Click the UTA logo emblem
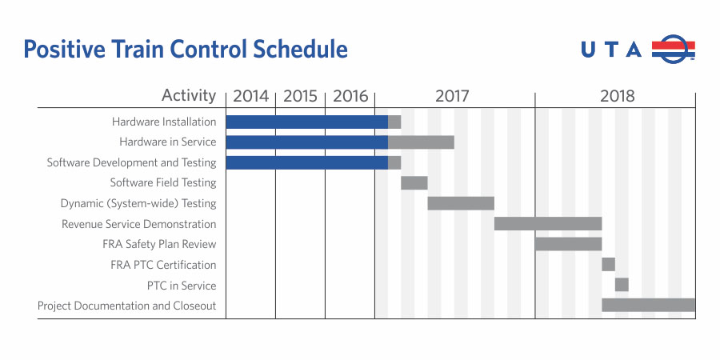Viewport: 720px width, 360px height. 673,49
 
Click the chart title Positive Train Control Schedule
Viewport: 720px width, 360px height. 186,50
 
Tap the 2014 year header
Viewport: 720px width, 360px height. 251,96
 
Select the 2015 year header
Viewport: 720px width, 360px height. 300,96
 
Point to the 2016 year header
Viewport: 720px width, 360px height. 350,96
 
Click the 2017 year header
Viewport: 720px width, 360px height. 452,96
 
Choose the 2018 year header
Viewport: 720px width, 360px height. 617,96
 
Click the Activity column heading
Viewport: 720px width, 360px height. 189,96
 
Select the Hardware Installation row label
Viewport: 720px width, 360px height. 164,122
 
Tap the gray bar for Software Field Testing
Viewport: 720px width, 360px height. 414,183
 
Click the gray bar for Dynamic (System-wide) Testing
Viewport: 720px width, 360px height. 460,203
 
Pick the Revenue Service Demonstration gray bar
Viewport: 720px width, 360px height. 547,224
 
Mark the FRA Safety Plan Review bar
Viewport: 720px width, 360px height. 568,244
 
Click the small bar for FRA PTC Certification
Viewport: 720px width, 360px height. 608,265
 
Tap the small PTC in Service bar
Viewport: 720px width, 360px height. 622,285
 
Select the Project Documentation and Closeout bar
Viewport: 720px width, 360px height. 648,305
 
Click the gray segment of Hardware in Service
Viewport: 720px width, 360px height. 421,142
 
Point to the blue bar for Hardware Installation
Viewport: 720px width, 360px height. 306,122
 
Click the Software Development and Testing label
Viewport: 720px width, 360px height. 131,162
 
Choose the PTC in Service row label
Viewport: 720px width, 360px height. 182,286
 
